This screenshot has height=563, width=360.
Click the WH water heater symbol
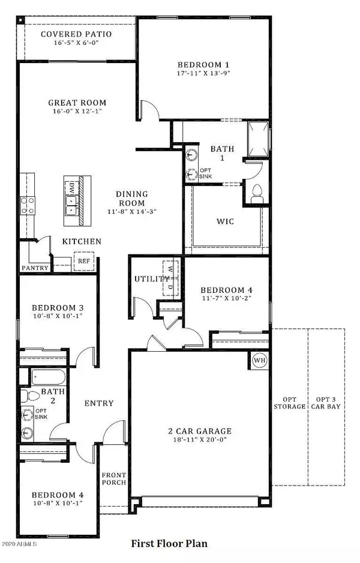click(260, 361)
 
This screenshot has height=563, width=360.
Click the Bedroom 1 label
click(204, 65)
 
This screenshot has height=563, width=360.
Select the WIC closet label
click(225, 221)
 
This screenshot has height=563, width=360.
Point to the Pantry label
click(35, 268)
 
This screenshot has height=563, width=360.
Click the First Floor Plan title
click(169, 544)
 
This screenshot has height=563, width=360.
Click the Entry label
click(98, 403)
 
